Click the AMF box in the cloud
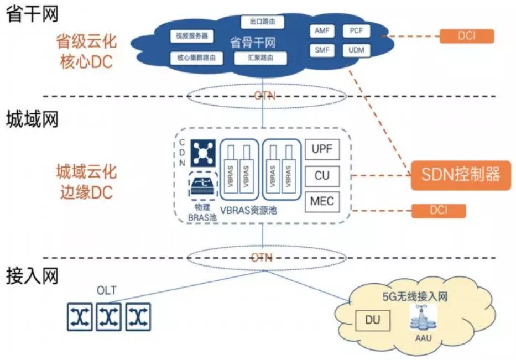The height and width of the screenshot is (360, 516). coord(322,32)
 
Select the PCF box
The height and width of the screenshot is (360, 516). coord(356,32)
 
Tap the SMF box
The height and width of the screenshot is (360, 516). coord(322,51)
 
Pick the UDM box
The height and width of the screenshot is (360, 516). coord(356,51)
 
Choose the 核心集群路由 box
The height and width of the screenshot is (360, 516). coord(192,57)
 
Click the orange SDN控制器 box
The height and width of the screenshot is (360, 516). coord(461,176)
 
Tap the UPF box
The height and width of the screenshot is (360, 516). coord(322,150)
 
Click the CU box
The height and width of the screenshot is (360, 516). coord(322,176)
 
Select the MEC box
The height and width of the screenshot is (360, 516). coord(322,201)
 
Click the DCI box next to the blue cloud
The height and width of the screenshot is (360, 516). coord(466,36)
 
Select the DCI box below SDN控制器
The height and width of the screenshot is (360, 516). coord(439,211)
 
